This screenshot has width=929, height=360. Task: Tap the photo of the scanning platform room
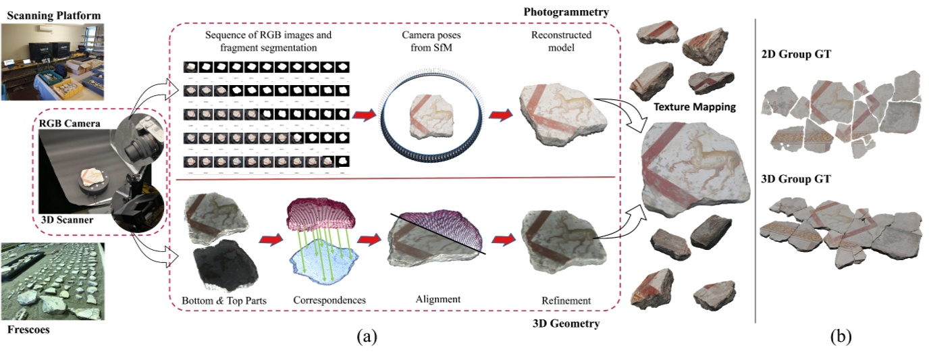53,61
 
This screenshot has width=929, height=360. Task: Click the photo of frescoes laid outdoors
53,282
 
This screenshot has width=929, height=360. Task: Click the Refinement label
566,301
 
